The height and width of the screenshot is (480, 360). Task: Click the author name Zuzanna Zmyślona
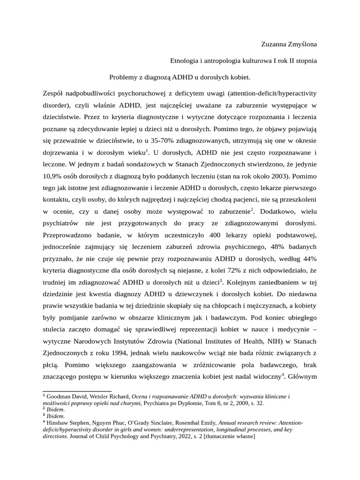(x=289, y=45)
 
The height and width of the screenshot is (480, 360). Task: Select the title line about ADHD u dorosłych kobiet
(x=180, y=76)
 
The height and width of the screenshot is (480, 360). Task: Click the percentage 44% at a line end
(x=309, y=258)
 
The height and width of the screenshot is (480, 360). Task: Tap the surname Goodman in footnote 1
(x=59, y=397)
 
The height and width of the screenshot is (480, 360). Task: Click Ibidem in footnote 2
(x=56, y=409)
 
